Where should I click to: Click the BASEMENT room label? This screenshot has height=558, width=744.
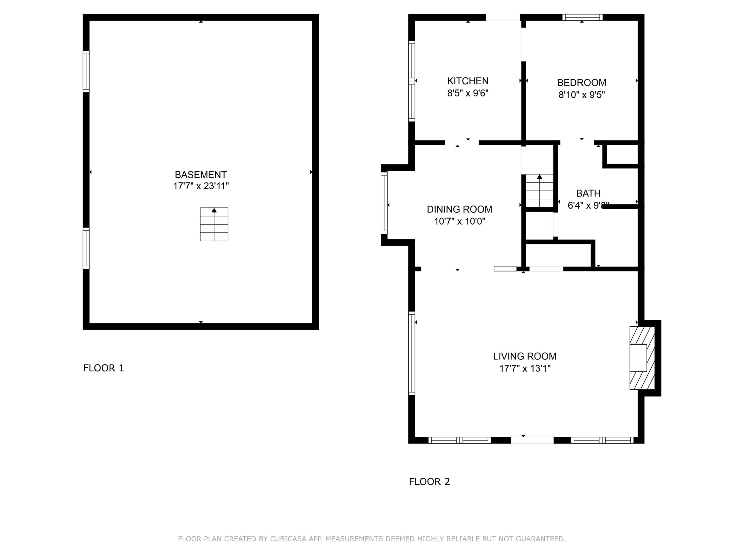point(201,175)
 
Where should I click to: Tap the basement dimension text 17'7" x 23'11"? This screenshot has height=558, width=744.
point(201,186)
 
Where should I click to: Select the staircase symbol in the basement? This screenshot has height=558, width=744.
point(214,224)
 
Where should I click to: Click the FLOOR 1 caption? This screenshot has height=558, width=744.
point(103,368)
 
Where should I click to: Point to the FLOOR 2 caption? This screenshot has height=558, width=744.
point(429,482)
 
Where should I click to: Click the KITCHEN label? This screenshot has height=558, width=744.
point(468,81)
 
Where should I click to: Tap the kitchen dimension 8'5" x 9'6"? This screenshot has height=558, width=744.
point(468,93)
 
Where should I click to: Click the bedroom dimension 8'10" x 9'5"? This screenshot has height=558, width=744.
point(582,95)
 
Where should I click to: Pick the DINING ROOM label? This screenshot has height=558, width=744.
point(459,209)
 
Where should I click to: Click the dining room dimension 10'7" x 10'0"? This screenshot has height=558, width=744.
point(459,221)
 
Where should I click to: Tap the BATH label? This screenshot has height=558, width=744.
point(588,193)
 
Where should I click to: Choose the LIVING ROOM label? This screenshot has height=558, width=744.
point(525,356)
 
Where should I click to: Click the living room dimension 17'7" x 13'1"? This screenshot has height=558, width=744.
point(525,368)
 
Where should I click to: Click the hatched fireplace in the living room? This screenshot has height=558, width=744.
point(642,358)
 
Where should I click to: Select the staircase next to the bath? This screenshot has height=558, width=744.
point(539,190)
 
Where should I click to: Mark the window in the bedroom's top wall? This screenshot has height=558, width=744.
point(582,17)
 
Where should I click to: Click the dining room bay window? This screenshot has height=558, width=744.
point(384,203)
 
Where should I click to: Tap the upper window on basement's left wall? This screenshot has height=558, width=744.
point(86,71)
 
